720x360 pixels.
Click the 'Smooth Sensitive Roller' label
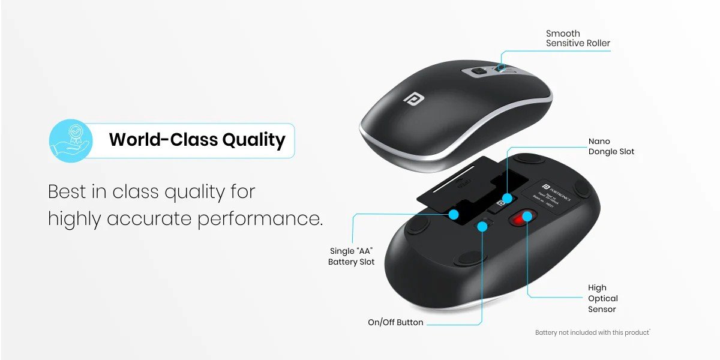click(x=578, y=38)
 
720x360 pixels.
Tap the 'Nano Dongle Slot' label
click(x=611, y=146)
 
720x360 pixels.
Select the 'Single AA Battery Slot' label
click(x=352, y=256)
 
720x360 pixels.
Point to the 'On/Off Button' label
click(x=395, y=322)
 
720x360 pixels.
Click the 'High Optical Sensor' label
click(x=602, y=298)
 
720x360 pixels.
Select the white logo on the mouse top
click(x=412, y=98)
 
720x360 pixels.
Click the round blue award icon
click(x=71, y=140)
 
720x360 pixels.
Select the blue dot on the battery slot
click(x=454, y=214)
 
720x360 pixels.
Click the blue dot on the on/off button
click(x=481, y=226)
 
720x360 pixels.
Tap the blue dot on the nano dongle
click(x=508, y=197)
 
